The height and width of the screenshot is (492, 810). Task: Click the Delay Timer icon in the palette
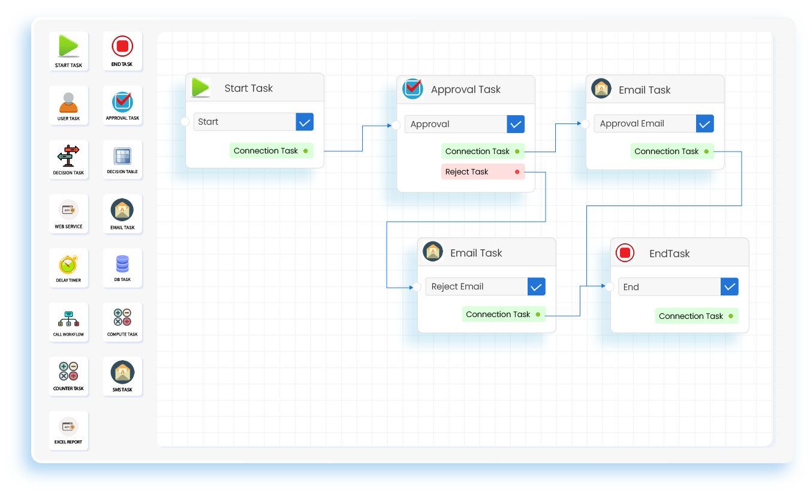point(68,265)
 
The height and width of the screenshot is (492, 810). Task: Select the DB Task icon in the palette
point(122,264)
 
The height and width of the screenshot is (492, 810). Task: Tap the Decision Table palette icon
point(122,157)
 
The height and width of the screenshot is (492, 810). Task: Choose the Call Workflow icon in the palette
point(68,319)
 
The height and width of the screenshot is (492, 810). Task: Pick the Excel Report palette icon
point(68,427)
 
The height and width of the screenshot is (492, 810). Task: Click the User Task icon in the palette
point(68,103)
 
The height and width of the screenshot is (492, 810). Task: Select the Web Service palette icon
point(68,210)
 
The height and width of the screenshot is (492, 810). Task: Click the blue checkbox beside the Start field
point(305,122)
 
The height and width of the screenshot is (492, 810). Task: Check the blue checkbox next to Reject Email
point(536,286)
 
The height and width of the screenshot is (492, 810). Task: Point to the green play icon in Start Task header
point(201,87)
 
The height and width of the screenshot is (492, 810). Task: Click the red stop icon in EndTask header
point(625,253)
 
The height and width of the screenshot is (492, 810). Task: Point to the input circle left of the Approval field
point(396,125)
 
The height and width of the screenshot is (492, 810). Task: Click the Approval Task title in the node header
point(465,89)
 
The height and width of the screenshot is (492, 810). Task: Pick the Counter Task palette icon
point(68,372)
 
